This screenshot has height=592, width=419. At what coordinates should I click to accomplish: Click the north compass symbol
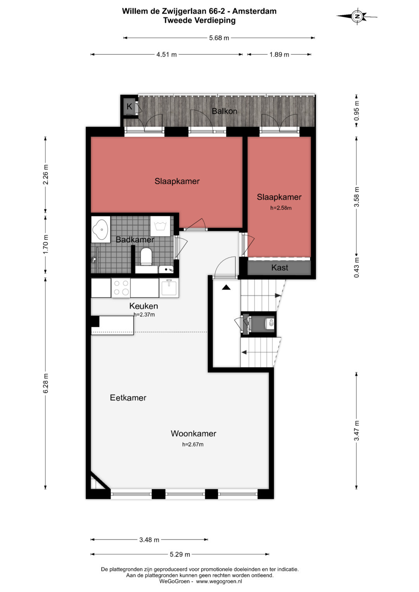tap(357, 16)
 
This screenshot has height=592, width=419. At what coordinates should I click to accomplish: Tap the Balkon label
tap(224, 111)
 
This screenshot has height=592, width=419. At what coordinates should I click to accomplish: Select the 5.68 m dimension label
tap(219, 38)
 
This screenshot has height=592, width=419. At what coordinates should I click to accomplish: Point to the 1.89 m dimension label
tap(279, 54)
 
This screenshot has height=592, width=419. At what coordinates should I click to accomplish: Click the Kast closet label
tap(280, 268)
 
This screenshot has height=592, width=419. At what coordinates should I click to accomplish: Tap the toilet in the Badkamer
tap(146, 256)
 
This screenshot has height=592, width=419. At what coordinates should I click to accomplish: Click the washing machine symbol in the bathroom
tap(160, 226)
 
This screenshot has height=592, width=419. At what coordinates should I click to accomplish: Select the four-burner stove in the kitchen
tap(121, 288)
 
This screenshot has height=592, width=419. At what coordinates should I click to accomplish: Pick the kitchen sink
tap(169, 288)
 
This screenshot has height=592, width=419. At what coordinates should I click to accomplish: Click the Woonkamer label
tap(193, 433)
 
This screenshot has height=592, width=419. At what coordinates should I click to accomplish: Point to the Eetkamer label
tap(128, 398)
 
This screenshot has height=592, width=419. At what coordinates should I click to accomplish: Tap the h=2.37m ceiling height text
tap(144, 314)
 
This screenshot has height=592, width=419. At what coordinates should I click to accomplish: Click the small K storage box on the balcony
tap(129, 107)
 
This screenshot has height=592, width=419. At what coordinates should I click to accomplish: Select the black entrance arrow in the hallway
tap(226, 287)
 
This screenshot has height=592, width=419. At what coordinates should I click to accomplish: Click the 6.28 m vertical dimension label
tap(45, 383)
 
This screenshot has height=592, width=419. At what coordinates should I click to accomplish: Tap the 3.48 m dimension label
tap(149, 540)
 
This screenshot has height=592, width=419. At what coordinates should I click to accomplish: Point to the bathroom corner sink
tap(100, 230)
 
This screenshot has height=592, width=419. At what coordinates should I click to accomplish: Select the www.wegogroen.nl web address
tap(219, 582)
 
